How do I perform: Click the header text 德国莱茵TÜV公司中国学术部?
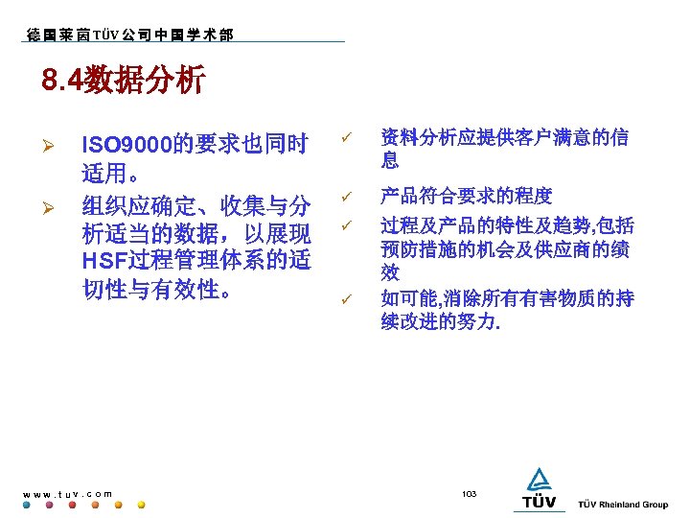click(x=130, y=35)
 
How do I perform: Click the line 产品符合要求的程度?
click(x=466, y=197)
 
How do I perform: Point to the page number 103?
click(x=469, y=493)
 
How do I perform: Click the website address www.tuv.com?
click(x=68, y=494)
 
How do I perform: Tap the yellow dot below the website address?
click(x=142, y=505)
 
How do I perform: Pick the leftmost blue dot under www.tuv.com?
click(x=27, y=505)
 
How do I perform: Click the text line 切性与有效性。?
click(x=159, y=289)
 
